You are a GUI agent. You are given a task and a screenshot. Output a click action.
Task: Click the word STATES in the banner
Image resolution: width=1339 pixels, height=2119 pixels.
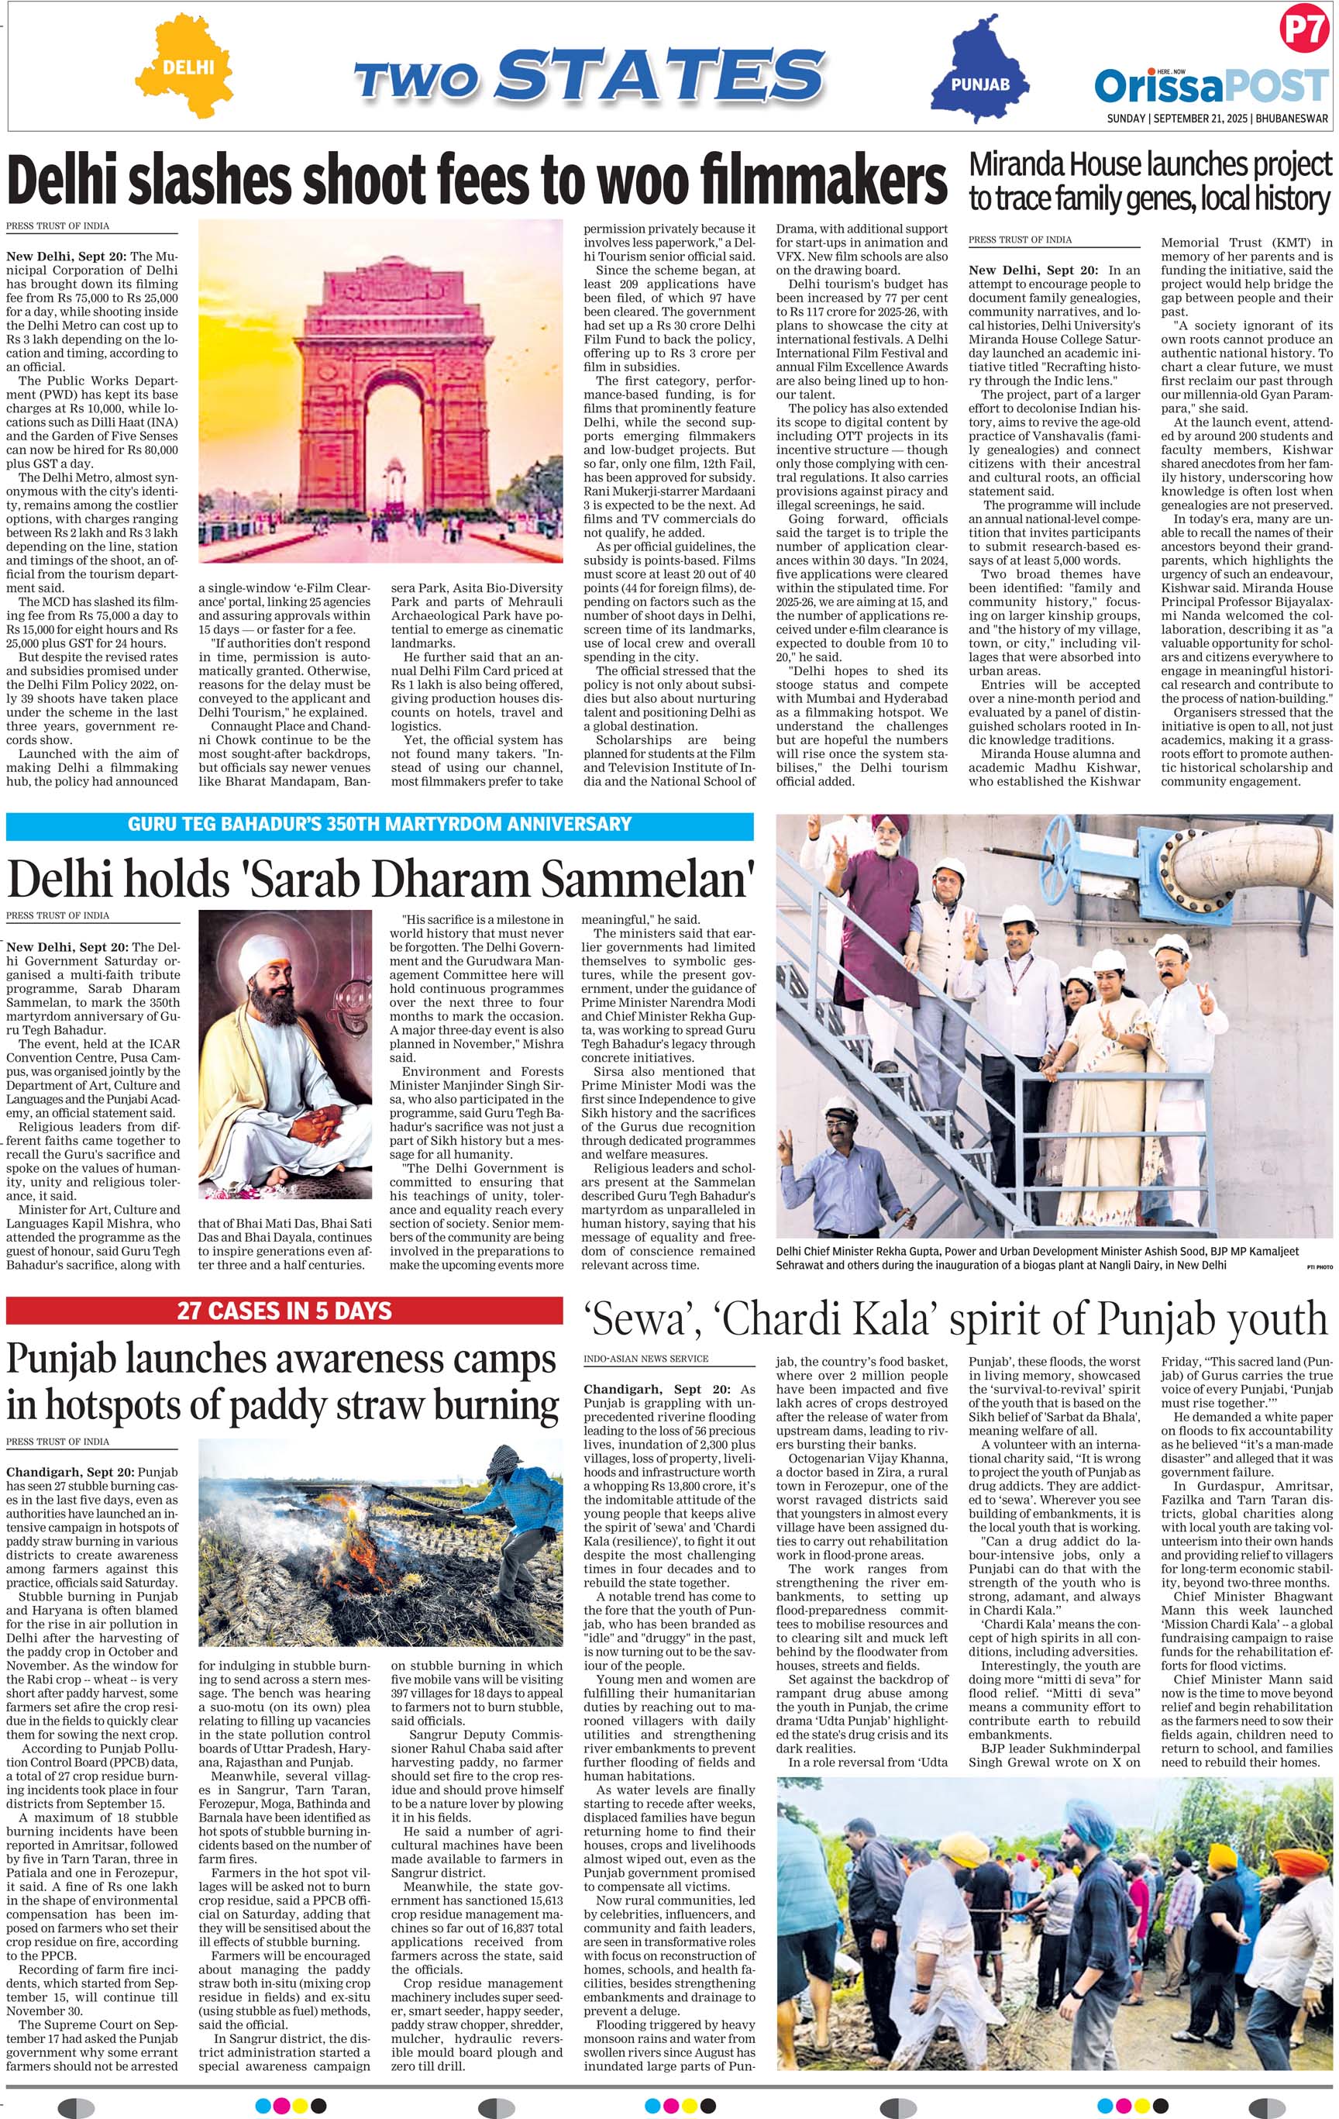point(660,76)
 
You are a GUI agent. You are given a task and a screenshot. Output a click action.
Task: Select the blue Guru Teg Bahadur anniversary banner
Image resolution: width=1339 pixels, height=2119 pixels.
point(379,825)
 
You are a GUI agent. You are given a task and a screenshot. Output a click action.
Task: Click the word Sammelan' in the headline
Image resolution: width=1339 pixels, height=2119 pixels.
point(648,878)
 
